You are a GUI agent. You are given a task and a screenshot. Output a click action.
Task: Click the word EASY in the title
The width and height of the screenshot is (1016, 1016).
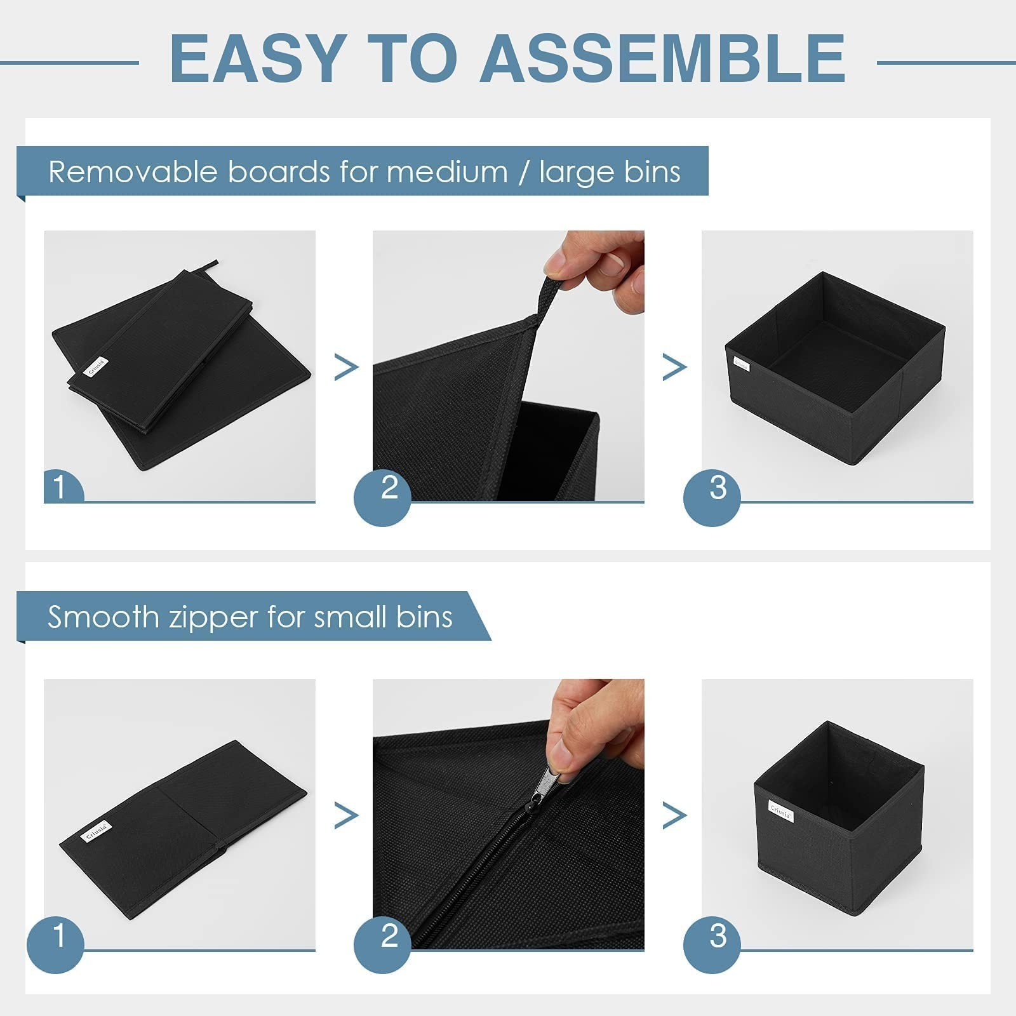pyautogui.click(x=258, y=58)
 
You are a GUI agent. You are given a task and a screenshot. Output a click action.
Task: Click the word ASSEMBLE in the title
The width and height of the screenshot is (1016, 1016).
pyautogui.click(x=663, y=58)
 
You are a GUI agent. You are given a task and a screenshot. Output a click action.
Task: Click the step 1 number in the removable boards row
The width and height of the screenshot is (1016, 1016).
pyautogui.click(x=60, y=488)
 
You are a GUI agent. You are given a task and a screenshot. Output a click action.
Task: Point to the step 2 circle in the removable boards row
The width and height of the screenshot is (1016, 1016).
pyautogui.click(x=383, y=497)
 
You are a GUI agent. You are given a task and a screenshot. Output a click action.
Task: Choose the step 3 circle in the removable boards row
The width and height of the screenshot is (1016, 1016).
pyautogui.click(x=712, y=497)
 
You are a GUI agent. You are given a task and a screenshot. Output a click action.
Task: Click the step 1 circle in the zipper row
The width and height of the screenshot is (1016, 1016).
pyautogui.click(x=56, y=945)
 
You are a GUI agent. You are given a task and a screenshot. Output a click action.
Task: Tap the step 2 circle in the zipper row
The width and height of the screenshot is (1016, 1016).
pyautogui.click(x=383, y=945)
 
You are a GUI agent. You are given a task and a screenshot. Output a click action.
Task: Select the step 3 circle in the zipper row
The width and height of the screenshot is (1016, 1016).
pyautogui.click(x=712, y=945)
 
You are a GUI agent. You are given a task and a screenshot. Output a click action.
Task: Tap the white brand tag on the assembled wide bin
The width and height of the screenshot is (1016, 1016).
pyautogui.click(x=741, y=364)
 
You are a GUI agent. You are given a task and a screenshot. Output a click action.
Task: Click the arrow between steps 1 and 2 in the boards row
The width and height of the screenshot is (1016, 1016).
pyautogui.click(x=346, y=367)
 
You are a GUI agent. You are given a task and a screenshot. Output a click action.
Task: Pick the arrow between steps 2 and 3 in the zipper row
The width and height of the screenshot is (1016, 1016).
pyautogui.click(x=674, y=815)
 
